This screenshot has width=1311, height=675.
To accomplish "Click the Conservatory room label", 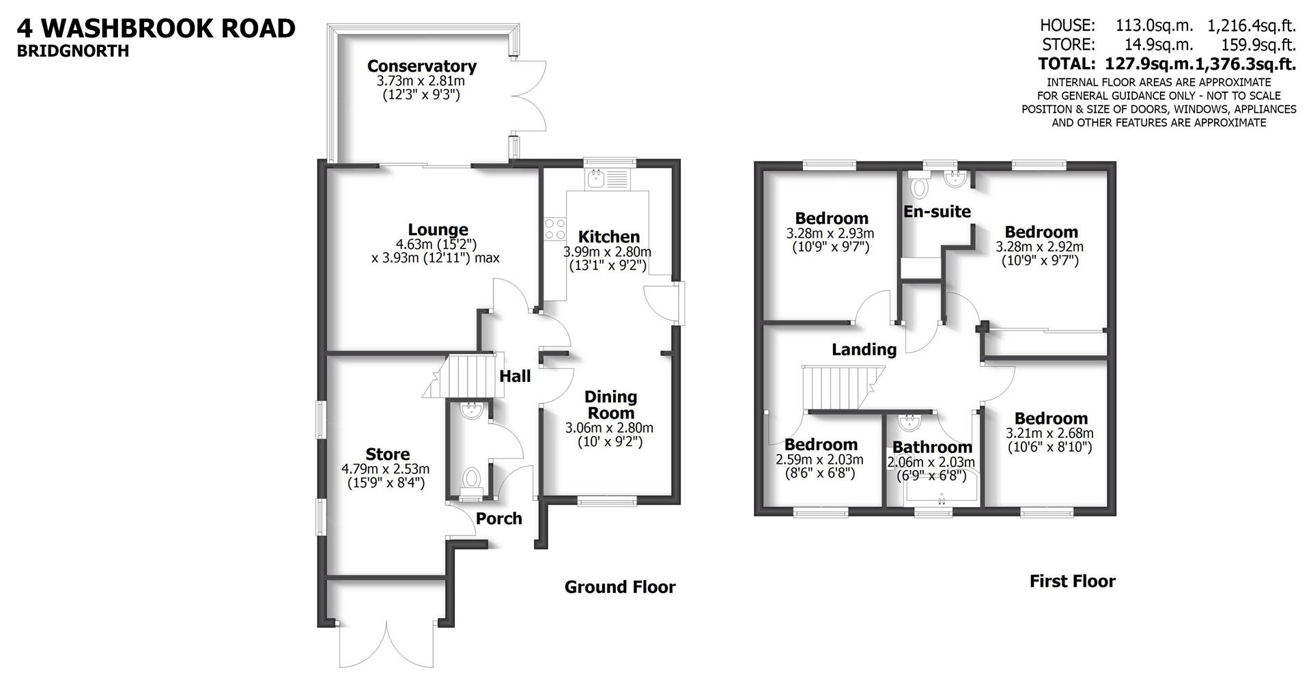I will click(421, 66).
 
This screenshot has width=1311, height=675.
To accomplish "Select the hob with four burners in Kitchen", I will click(554, 229).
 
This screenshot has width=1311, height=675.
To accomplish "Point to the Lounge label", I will click(438, 230).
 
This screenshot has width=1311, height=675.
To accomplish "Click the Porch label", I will click(498, 519).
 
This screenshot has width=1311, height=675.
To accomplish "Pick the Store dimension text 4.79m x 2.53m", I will click(385, 469).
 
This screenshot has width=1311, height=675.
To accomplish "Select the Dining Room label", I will click(610, 404).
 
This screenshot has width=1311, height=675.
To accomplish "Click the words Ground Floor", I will click(619, 587).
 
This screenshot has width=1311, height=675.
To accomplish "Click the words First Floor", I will click(1072, 581).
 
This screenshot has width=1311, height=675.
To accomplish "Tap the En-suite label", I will click(937, 212).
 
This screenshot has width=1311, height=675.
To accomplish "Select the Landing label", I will click(864, 350).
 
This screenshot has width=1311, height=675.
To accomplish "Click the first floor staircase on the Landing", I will click(840, 387).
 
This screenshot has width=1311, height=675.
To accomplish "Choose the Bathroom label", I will click(932, 447).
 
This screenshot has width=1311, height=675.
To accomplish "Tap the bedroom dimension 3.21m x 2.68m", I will click(1049, 433).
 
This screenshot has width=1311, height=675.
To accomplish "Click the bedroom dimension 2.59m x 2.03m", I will click(819, 460).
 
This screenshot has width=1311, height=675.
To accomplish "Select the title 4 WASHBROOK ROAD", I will click(156, 28).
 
